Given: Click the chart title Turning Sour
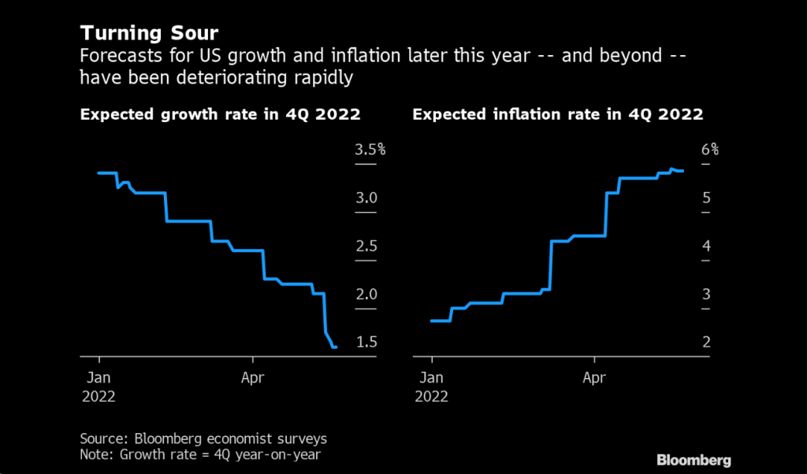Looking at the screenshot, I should pos(150,34).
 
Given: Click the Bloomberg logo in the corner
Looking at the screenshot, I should pos(694,460).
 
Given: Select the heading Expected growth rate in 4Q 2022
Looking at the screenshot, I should pos(220,114).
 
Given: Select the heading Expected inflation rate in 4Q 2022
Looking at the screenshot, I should pos(557,114).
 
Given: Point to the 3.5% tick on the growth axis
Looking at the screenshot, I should pos(370,150).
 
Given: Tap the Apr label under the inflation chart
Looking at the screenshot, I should pos(594,377).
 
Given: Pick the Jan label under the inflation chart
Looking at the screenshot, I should pos(431,377).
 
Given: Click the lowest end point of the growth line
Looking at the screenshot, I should pos(336,346).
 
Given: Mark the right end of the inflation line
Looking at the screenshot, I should pos(682,170).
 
